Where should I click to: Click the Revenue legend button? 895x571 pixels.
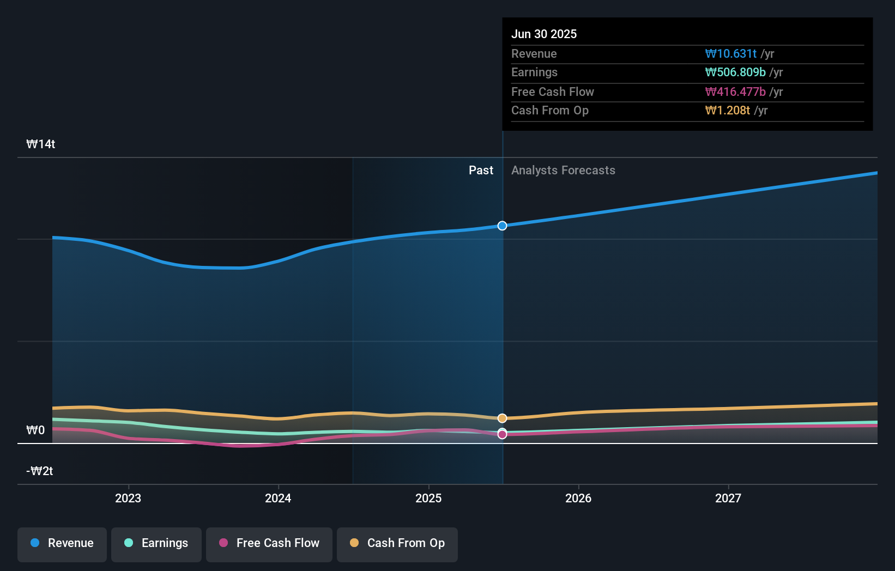62,544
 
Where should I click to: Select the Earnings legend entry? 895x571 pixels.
156,544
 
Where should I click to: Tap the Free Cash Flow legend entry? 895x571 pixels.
269,544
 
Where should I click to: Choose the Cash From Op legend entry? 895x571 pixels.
397,544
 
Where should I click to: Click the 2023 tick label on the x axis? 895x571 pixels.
128,498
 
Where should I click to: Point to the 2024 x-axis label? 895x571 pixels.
278,498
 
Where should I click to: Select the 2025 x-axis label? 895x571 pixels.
428,498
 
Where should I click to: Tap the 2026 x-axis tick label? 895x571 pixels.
578,498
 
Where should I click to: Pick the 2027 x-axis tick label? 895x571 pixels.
728,498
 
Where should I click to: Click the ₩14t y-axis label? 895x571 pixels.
41,144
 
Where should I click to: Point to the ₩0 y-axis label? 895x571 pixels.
36,430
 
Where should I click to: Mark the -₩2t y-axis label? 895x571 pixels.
40,471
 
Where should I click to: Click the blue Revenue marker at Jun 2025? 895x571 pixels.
502,226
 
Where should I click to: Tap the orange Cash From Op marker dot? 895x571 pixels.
502,418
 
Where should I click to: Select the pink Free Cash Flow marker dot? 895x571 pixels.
502,435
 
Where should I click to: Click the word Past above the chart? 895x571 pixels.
481,171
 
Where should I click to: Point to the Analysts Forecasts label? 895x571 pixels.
563,171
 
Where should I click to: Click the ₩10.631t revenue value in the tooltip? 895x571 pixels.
730,54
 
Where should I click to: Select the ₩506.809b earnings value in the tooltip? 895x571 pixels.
735,72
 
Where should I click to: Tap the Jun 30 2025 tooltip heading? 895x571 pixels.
544,34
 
